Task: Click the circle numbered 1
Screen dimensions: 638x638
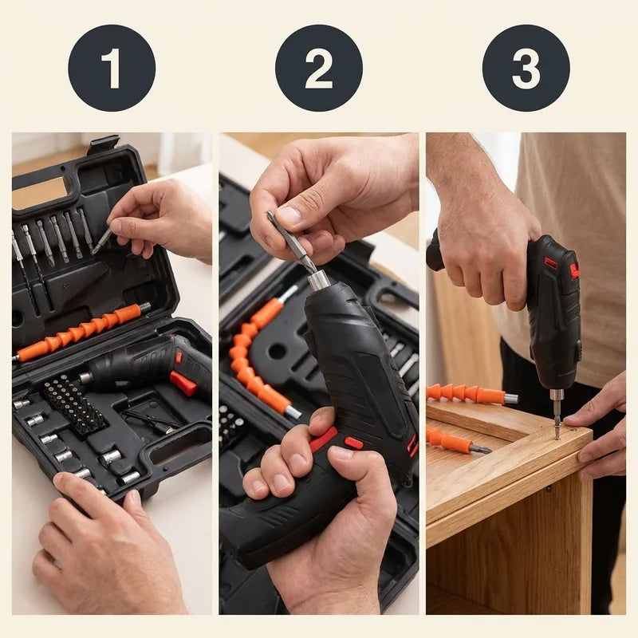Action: [112, 68]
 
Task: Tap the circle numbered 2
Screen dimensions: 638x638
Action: [318, 68]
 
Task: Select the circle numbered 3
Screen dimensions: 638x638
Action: [526, 68]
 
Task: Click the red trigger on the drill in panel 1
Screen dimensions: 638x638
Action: [183, 383]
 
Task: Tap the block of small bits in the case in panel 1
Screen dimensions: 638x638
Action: [74, 407]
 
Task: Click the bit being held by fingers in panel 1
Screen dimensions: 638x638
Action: [102, 241]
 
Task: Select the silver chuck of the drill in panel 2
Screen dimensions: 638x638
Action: [319, 280]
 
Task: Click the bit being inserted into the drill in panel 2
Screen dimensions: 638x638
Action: [292, 242]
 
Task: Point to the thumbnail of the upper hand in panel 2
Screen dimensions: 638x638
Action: [289, 215]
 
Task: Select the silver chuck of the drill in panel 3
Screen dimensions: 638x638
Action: [556, 396]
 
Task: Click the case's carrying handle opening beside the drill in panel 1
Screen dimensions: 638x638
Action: [180, 448]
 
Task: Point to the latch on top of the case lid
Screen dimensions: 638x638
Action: [104, 144]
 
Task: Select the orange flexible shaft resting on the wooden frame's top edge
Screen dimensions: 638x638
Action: [472, 394]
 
